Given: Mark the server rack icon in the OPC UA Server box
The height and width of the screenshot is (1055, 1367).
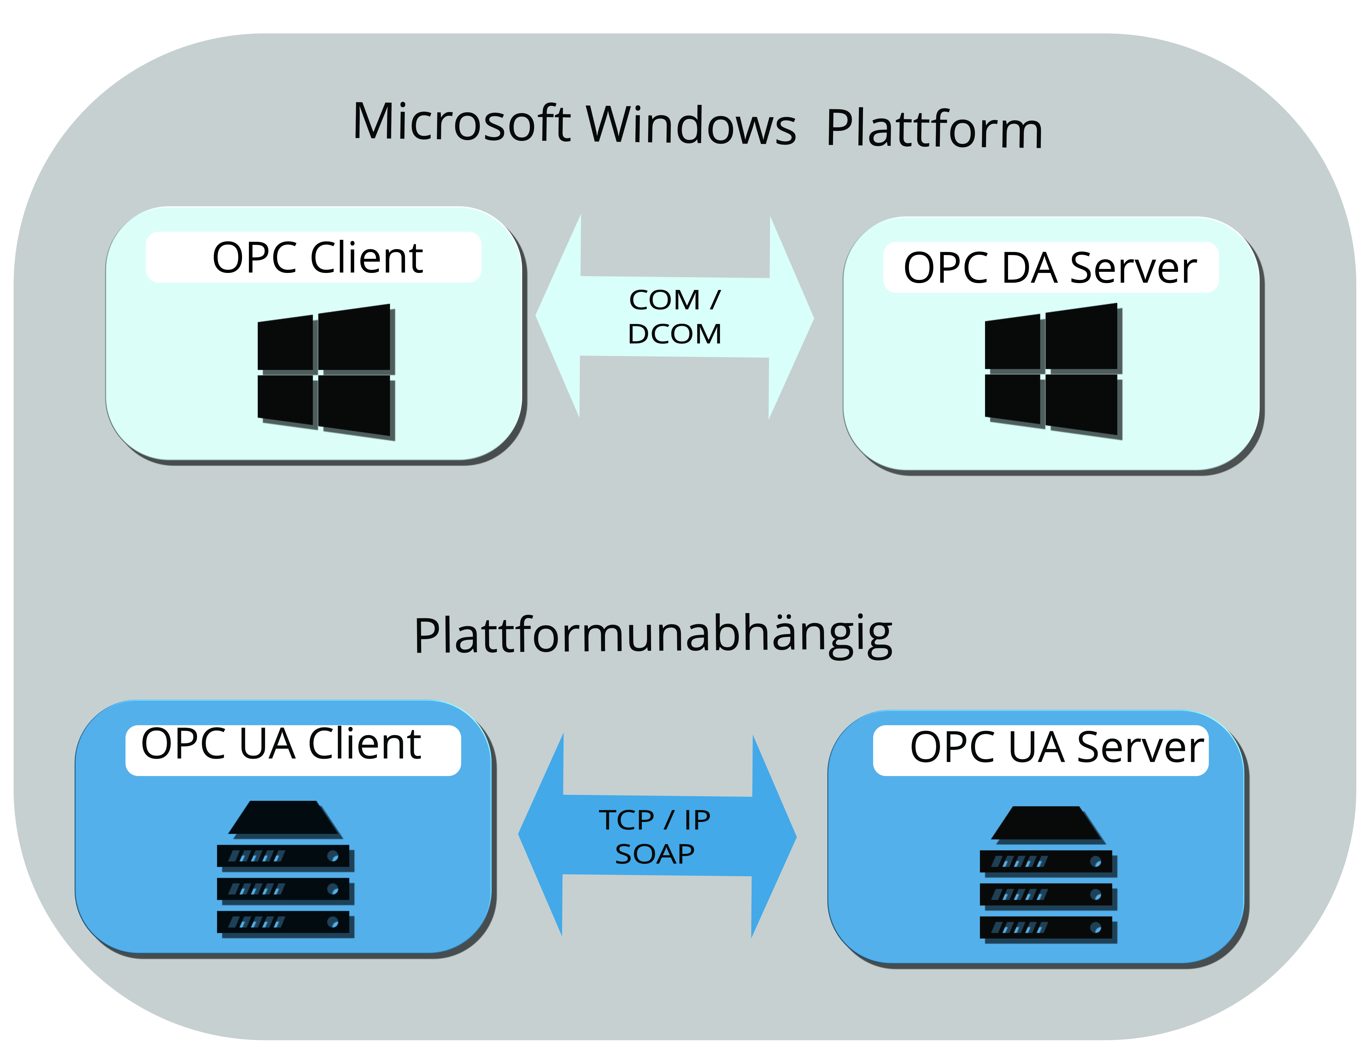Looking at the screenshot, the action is pyautogui.click(x=1048, y=874).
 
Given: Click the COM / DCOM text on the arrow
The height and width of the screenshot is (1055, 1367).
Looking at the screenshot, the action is pyautogui.click(x=675, y=317).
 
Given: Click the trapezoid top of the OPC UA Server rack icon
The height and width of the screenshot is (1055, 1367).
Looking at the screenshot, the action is pyautogui.click(x=1047, y=823).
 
